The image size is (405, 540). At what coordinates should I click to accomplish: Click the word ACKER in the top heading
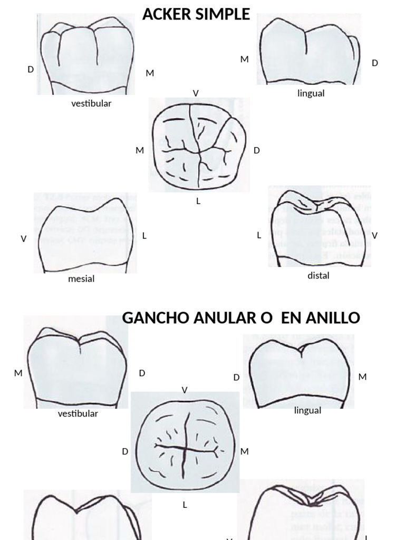[x=166, y=15]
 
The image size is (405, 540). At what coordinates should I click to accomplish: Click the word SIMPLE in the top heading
[x=221, y=15]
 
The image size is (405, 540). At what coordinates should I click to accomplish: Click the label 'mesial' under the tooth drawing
[x=81, y=278]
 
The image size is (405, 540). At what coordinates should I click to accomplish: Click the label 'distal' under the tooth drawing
[x=318, y=275]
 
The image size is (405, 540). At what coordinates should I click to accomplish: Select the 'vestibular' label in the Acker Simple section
[x=91, y=103]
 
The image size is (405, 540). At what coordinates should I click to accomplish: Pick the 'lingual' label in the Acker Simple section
[x=311, y=93]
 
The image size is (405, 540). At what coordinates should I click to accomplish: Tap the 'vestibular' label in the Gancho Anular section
[x=78, y=413]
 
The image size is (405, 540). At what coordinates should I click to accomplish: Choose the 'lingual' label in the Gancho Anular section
[x=307, y=410]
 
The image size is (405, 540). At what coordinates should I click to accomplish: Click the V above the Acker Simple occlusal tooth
[x=196, y=93]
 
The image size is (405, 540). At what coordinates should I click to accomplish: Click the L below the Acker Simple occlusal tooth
[x=198, y=201]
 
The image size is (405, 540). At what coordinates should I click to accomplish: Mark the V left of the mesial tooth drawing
[x=23, y=239]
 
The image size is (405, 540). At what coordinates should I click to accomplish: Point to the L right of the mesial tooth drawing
[x=144, y=236]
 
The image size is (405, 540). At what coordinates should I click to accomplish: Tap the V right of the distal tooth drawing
[x=374, y=235]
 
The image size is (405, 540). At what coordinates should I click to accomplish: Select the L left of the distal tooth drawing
[x=259, y=235]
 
